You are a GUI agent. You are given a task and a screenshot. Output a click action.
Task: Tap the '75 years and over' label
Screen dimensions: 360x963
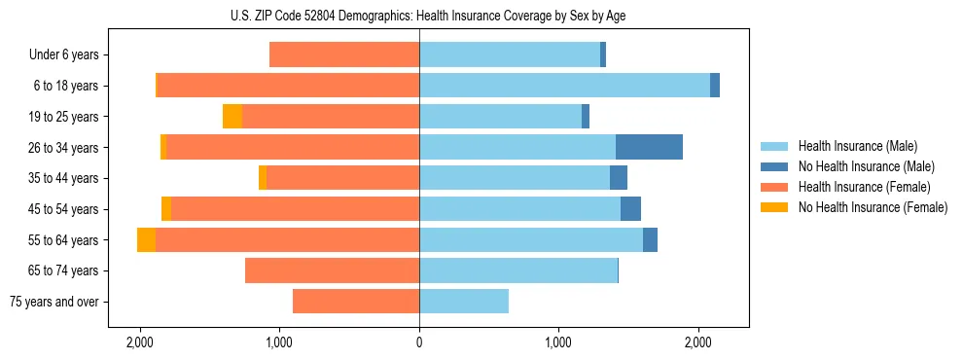coord(54,302)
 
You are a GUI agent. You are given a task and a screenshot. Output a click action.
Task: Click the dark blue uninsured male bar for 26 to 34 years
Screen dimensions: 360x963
coord(649,147)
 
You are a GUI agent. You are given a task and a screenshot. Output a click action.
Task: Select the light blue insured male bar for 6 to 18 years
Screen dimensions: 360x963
coord(564,86)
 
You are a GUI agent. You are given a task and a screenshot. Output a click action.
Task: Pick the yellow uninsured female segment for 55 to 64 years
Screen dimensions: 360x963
coord(146,239)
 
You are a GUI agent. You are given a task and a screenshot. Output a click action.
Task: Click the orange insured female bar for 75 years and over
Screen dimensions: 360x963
coord(356,302)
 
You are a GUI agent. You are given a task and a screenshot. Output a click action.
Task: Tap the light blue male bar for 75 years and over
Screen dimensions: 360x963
coord(464,302)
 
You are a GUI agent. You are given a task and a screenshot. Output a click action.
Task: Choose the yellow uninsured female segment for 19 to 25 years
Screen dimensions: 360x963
coord(232,117)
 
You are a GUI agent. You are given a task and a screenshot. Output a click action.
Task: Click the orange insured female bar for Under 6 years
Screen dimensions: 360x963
coord(344,55)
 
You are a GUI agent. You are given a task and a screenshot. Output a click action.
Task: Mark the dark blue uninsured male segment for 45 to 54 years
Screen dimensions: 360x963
coord(630,209)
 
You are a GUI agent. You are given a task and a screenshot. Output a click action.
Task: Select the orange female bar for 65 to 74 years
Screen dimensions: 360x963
coord(332,270)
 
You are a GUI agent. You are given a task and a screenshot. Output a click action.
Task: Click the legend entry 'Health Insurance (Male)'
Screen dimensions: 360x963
coord(857,146)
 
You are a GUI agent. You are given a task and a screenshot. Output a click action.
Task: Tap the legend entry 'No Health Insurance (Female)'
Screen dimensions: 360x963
coord(873,207)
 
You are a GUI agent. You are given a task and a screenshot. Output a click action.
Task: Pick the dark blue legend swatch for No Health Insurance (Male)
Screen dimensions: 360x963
coord(775,166)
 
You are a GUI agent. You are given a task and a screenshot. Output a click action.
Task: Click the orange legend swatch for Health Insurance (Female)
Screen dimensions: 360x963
coord(775,187)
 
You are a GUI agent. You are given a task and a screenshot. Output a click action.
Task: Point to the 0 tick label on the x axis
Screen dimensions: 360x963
coord(419,342)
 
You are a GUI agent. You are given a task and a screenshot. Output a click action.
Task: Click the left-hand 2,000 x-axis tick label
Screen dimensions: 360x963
coord(140,342)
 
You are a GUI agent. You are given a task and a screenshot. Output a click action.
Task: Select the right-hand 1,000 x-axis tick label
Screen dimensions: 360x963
coord(558,342)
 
